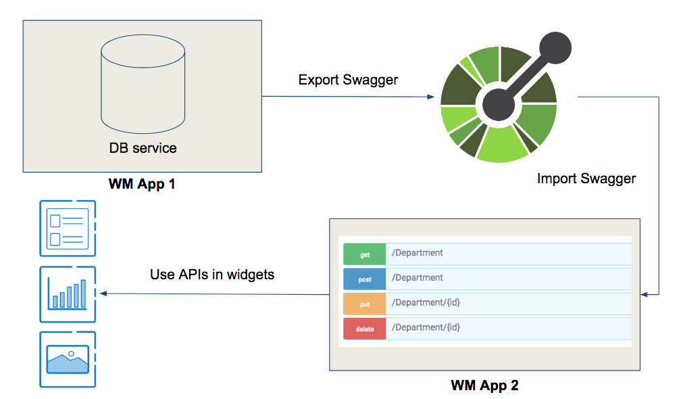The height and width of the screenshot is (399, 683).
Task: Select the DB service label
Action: click(x=143, y=148)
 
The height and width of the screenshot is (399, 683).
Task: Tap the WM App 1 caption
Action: click(x=142, y=183)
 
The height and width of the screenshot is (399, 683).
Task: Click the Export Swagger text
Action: click(x=348, y=80)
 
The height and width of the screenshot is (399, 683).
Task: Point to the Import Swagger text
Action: click(x=586, y=179)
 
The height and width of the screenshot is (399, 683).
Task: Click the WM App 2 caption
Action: click(x=484, y=386)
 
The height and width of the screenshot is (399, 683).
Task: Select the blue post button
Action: click(x=364, y=279)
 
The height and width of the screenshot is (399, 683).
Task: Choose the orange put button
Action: click(x=364, y=304)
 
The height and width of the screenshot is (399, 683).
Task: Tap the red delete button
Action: click(x=364, y=329)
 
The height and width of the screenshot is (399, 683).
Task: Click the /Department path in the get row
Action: click(x=418, y=253)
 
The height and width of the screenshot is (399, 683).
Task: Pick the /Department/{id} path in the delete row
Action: click(x=426, y=327)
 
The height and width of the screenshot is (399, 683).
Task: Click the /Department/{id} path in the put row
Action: click(x=426, y=302)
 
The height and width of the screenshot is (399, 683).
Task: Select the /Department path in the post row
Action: click(x=418, y=278)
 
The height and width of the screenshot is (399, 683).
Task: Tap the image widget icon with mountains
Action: click(x=68, y=359)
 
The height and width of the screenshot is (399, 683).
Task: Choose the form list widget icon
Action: click(x=68, y=229)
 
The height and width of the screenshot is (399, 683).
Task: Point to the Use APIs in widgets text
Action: click(x=212, y=275)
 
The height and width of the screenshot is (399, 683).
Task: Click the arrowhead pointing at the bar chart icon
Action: click(x=103, y=294)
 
